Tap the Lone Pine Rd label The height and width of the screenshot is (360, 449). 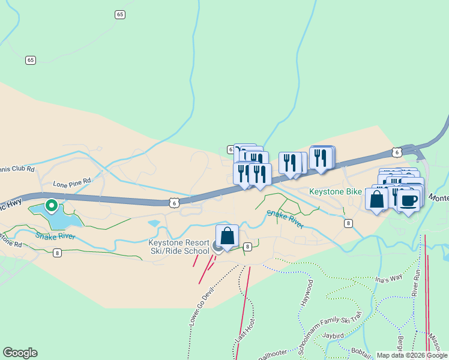[71, 180]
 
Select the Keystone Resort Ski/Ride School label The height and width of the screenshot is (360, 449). [179, 246]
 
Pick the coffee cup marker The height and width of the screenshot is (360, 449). [409, 200]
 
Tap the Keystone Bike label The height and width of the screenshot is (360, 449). [336, 191]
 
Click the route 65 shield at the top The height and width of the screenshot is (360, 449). [121, 14]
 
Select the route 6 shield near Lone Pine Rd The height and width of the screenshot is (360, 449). [173, 203]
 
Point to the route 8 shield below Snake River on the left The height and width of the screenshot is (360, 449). [57, 253]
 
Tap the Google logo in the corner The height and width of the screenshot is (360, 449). [20, 353]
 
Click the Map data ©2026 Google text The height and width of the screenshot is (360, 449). [411, 355]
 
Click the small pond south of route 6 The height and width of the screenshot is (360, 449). [154, 223]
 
